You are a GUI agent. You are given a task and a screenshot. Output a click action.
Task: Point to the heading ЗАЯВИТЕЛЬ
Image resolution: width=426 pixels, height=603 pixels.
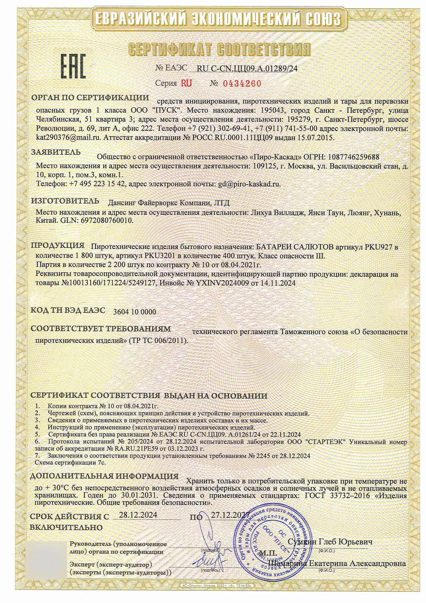56,152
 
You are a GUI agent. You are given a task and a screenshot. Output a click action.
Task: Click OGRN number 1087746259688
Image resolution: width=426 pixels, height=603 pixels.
354,157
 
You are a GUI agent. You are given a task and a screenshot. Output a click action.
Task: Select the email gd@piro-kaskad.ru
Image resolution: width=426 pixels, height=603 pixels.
249,184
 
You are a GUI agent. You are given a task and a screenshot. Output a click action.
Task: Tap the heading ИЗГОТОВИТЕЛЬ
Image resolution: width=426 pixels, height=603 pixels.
65,201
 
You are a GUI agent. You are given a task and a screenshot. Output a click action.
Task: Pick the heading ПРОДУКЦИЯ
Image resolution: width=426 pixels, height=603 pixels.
58,246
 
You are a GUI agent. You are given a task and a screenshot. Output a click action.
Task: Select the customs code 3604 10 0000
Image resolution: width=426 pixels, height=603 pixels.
134,312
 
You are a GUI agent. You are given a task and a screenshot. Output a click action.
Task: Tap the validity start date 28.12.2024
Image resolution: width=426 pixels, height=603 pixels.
138,515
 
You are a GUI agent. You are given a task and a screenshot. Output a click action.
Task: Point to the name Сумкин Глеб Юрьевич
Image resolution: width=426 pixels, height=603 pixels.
330,541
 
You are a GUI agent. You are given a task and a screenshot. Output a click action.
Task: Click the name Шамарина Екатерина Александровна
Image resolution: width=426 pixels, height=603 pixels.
338,564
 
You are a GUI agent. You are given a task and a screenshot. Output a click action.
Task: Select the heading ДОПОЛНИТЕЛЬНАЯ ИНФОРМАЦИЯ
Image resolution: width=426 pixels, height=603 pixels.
104,477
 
